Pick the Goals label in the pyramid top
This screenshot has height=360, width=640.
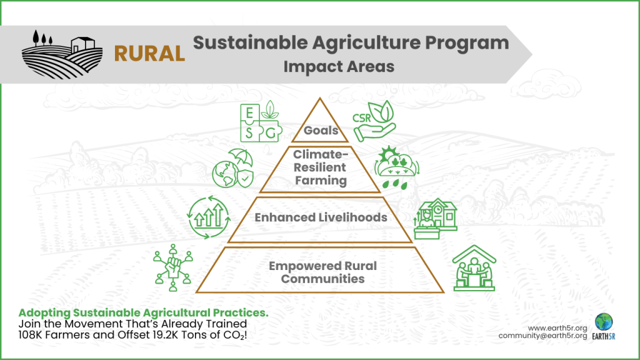321,131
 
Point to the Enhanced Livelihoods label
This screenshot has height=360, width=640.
321,217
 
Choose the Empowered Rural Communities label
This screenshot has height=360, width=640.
322,272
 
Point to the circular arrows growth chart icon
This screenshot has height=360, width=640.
206,216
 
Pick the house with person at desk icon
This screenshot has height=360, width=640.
435,219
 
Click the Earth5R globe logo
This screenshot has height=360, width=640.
604,322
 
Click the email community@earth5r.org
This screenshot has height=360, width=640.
542,336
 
